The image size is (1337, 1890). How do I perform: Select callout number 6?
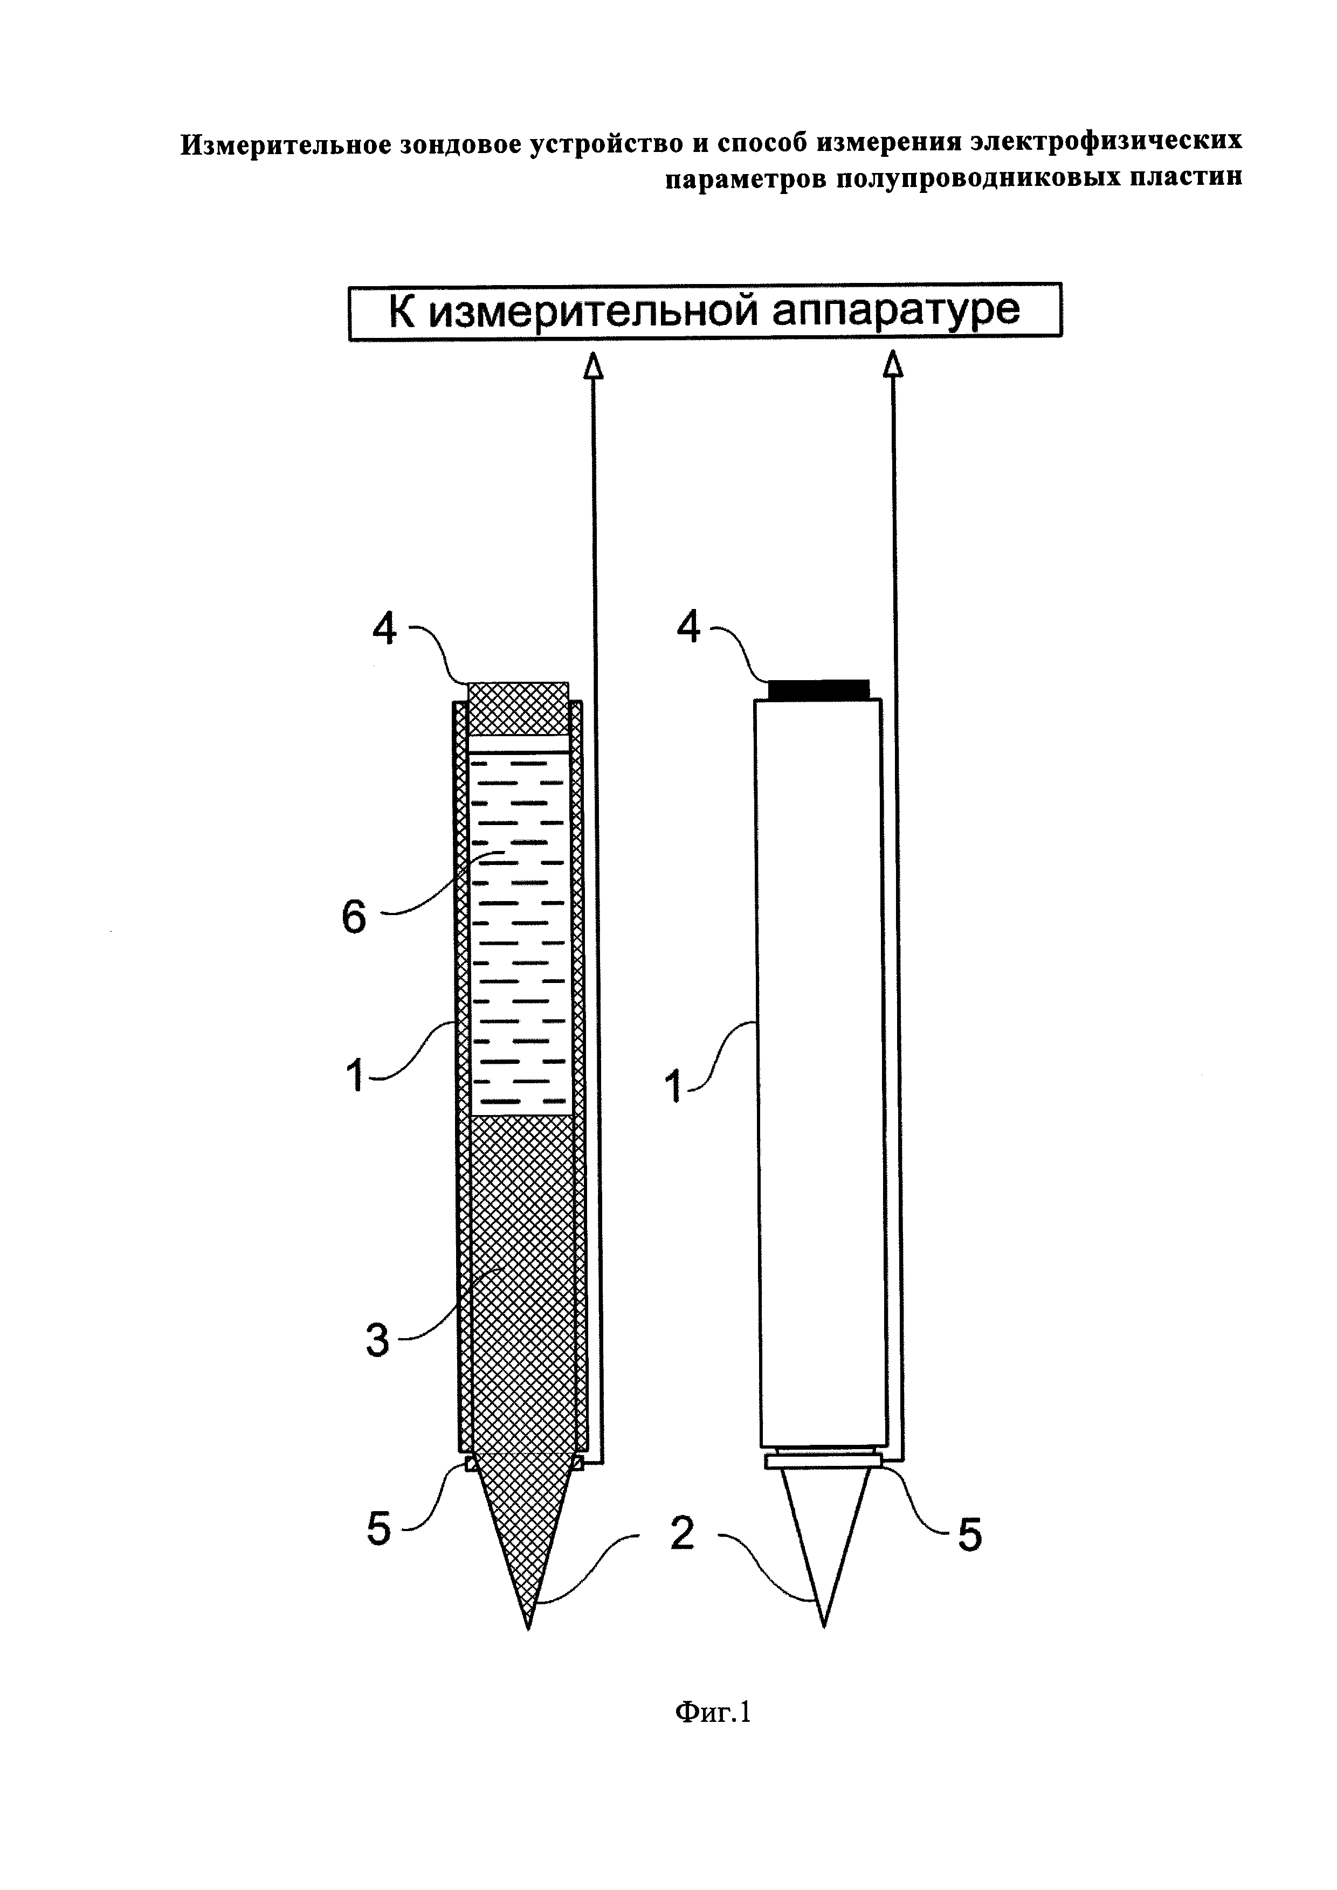pyautogui.click(x=354, y=916)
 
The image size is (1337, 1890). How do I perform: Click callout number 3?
pyautogui.click(x=377, y=1340)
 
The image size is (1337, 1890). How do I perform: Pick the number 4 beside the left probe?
pyautogui.click(x=384, y=629)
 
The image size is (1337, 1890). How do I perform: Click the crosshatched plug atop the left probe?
pyautogui.click(x=518, y=708)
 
